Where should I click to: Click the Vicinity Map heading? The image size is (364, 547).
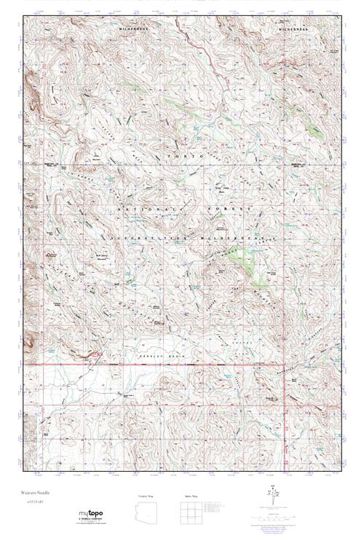(146, 495)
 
